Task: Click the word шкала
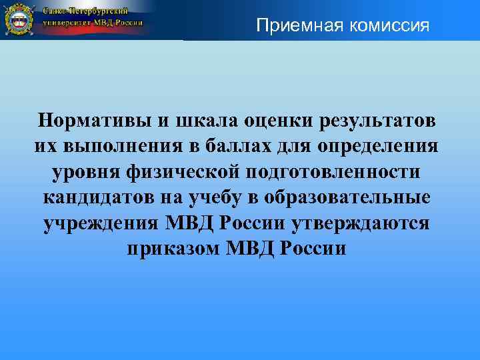[197, 121]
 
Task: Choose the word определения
[383, 146]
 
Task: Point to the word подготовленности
[335, 171]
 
